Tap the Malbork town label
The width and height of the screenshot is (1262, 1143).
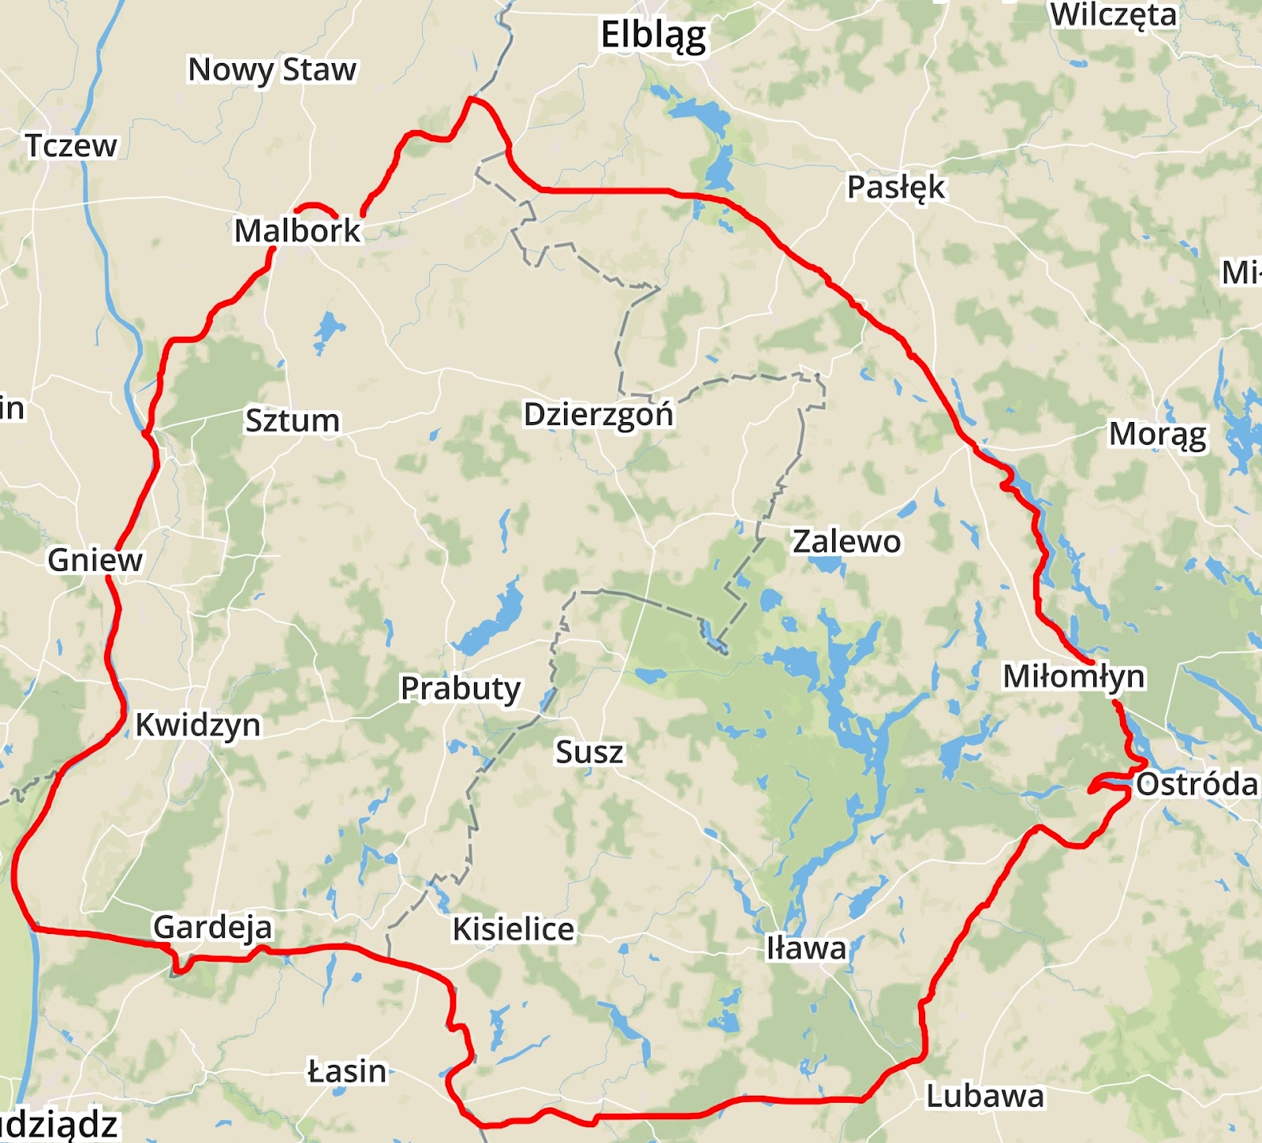tap(297, 230)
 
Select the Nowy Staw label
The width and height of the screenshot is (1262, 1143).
tap(272, 69)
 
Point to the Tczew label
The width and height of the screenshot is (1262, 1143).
tap(71, 146)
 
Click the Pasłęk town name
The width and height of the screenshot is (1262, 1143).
tap(895, 188)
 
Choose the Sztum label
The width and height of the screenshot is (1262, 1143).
tap(292, 420)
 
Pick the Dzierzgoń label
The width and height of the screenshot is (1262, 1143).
tap(599, 414)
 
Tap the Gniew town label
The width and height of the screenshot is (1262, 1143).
tap(95, 560)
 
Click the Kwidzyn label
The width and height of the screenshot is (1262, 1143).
tap(197, 725)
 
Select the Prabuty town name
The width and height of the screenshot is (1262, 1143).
tap(461, 689)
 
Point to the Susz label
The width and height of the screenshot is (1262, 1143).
tap(589, 752)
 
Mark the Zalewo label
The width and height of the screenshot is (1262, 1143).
tap(846, 542)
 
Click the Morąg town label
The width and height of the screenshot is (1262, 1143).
tap(1157, 435)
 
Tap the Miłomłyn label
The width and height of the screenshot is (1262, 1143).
tap(1073, 677)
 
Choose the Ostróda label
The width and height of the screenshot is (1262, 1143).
tap(1197, 784)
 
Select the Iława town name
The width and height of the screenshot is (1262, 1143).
tap(806, 948)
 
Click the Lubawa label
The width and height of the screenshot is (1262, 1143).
tap(985, 1096)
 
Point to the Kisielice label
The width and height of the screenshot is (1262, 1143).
tap(513, 929)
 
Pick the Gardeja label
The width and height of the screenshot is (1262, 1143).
tap(213, 928)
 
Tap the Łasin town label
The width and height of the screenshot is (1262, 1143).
tap(347, 1071)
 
